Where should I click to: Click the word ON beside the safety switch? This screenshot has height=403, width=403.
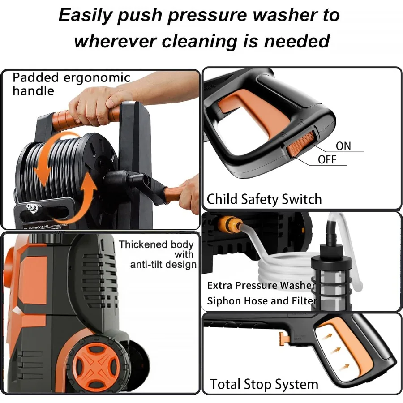[343, 146]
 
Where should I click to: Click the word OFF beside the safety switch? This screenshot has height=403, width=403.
[327, 160]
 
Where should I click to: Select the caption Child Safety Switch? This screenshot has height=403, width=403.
[264, 199]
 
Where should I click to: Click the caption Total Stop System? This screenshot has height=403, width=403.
[264, 384]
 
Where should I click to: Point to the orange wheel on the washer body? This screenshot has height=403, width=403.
[92, 363]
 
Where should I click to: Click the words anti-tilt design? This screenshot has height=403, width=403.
[163, 264]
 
